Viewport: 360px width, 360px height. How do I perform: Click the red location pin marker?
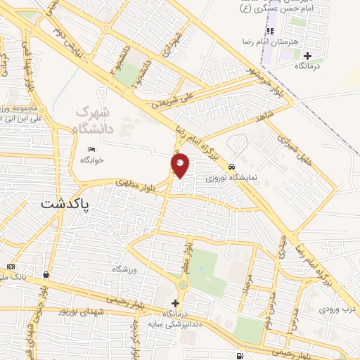tap(181, 165)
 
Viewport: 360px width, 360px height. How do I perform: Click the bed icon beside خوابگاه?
tap(92, 149)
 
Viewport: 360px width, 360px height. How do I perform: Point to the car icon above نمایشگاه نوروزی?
tap(231, 167)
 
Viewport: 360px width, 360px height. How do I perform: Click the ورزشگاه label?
tap(127, 269)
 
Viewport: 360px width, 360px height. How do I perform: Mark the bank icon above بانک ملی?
tap(10, 266)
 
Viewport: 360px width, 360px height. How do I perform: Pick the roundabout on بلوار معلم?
tap(184, 285)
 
